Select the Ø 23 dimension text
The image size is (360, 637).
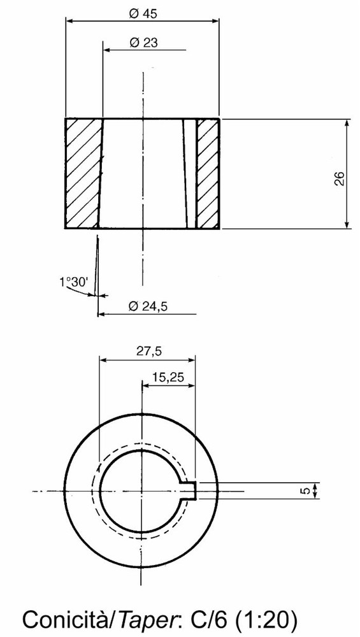point(143,42)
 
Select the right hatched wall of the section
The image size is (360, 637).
point(208,173)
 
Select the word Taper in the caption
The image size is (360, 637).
point(141,618)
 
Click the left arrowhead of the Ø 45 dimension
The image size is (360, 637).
point(69,20)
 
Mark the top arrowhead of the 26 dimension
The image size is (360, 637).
point(347,122)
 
